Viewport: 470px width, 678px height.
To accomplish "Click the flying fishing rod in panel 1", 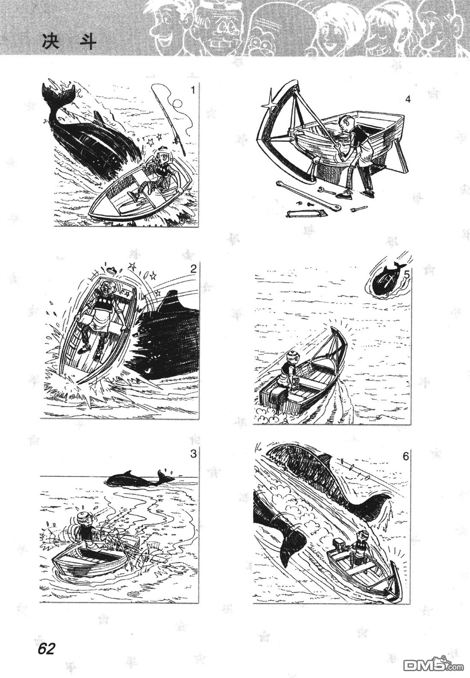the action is tap(170, 117).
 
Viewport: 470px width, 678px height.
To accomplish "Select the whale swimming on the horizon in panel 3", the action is tap(140, 480).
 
